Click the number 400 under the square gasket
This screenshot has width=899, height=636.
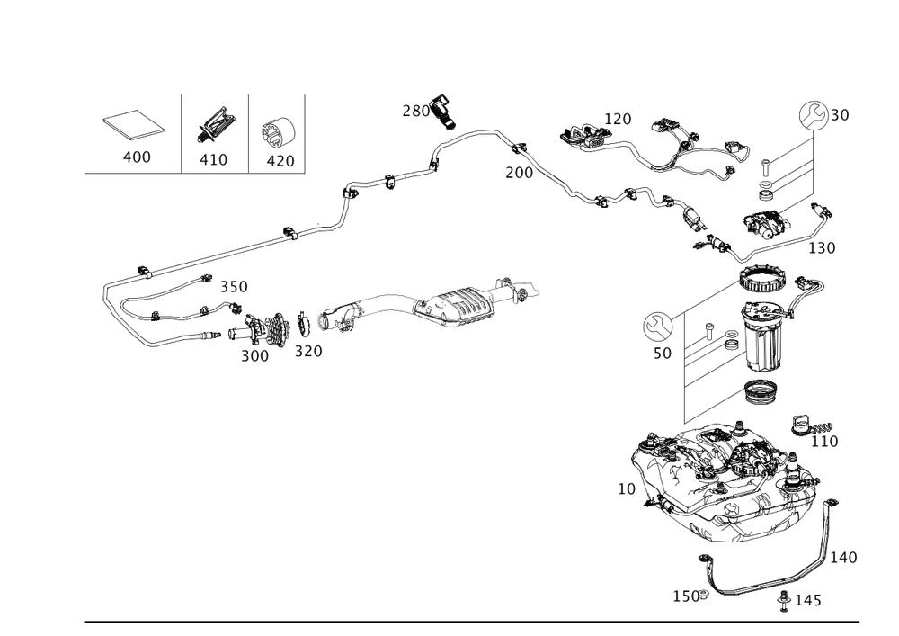coord(137,157)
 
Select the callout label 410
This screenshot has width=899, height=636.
coord(214,159)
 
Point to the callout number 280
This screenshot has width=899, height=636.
coord(415,111)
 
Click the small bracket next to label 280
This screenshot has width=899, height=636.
coord(442,104)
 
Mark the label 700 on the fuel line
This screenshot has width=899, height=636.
coord(518,171)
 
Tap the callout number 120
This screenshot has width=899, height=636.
coord(617,119)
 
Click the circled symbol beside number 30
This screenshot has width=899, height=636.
coord(813,115)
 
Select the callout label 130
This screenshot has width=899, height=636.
coord(822,246)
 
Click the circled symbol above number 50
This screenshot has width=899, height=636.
coord(656,325)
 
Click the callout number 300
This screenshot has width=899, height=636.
coord(254,354)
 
